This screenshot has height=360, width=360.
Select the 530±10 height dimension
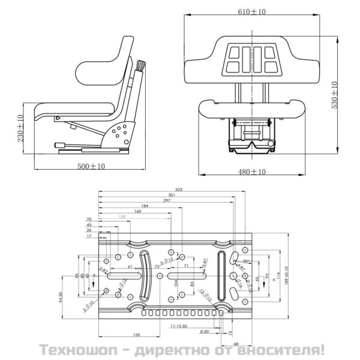tap(335, 94)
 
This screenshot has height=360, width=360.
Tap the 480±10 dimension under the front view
tap(251, 172)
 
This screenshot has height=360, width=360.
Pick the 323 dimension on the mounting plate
tap(178, 189)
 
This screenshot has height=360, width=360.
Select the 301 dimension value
tap(172, 195)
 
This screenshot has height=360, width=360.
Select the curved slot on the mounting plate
tap(145, 277)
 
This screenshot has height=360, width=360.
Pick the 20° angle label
tap(245, 261)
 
